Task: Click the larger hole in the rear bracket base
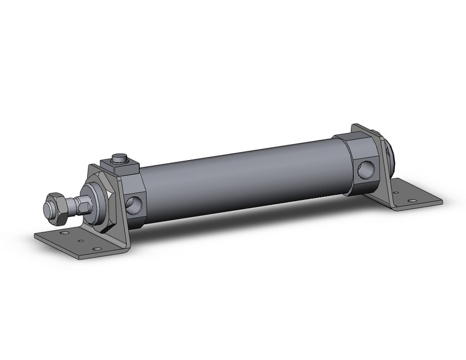click(x=411, y=201)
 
